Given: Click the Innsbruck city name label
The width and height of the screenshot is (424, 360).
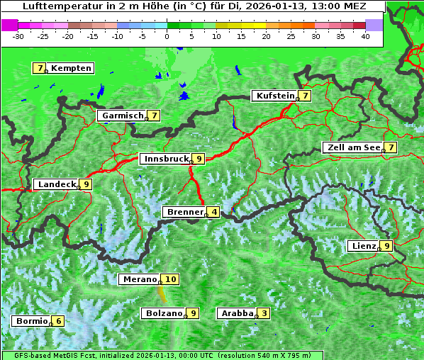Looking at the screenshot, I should point(166,159).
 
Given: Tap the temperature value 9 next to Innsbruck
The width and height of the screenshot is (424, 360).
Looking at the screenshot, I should point(199,159).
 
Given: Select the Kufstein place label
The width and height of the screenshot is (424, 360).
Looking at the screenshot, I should point(274,96).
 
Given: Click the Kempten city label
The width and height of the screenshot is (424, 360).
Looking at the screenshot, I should point(71,68).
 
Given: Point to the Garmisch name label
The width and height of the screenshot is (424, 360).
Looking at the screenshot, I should point(122,115).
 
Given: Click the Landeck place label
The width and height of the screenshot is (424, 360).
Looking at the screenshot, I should point(56,184).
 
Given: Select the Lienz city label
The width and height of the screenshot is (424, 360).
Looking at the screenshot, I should point(363,246).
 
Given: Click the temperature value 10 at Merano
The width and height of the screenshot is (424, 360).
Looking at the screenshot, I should point(171,279).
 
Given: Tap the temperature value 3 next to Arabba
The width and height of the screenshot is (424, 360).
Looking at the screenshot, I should point(264,313).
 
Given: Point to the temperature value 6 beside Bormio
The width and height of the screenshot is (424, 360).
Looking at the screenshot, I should point(58,321).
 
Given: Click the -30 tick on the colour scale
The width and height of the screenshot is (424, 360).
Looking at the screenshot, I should point(18,35).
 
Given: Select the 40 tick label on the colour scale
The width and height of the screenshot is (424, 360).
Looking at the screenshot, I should point(365,35).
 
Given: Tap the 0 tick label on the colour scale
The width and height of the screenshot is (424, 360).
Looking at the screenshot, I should point(167,35).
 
